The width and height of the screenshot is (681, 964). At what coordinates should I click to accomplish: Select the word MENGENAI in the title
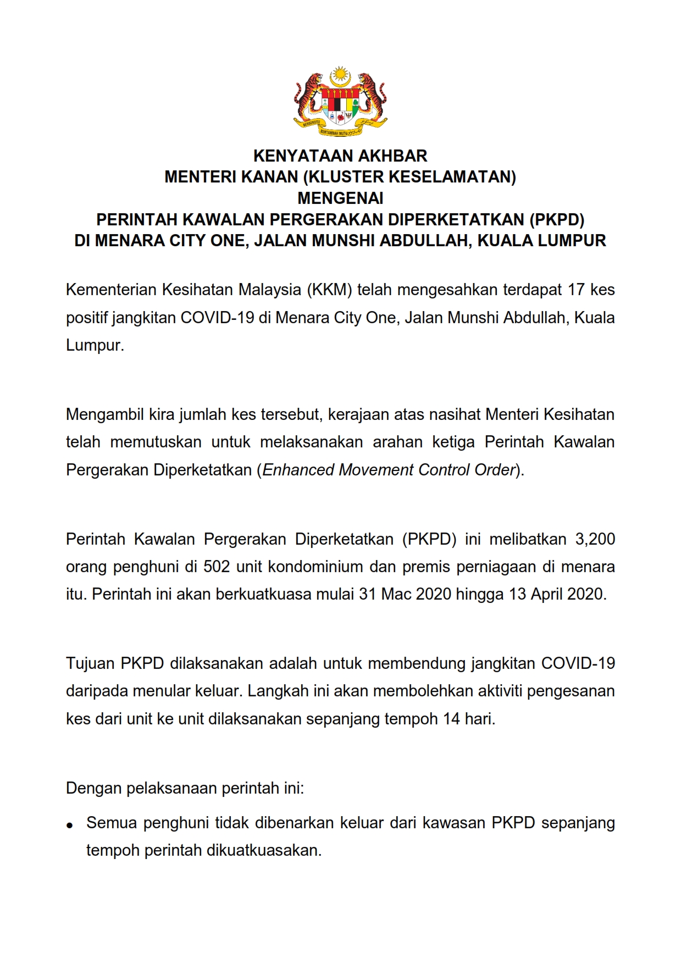[340, 198]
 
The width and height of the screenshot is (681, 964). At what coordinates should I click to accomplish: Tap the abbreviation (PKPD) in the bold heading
[556, 219]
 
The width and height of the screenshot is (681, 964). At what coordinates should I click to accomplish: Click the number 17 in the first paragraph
[577, 290]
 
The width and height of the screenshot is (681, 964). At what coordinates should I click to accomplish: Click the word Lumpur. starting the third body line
[95, 345]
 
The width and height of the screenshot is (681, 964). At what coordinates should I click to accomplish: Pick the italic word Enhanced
[298, 470]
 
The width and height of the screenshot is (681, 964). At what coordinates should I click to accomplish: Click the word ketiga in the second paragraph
[453, 442]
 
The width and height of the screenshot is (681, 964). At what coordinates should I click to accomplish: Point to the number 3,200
[595, 539]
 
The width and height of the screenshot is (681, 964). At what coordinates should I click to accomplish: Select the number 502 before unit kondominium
[217, 567]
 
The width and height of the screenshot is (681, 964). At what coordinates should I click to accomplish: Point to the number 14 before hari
[451, 719]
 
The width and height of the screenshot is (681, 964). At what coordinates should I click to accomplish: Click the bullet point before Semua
[70, 825]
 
